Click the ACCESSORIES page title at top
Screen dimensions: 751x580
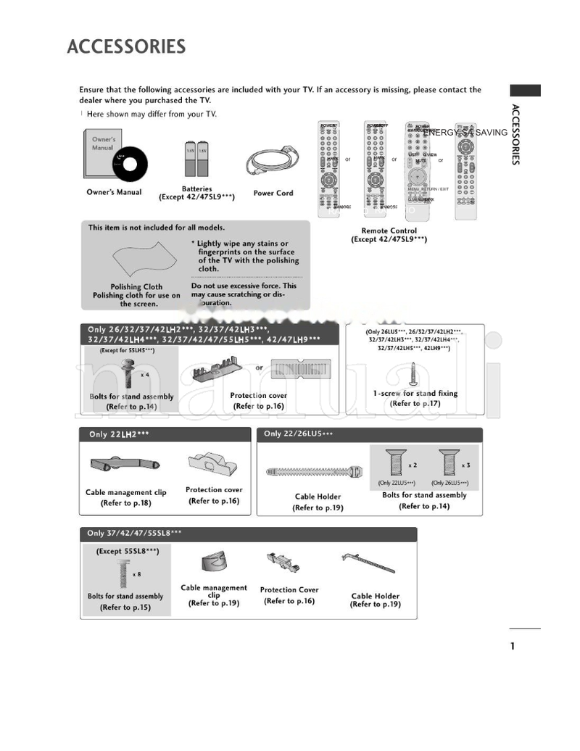126,47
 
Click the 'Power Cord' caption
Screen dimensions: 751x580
273,194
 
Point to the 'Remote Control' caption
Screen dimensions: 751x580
389,231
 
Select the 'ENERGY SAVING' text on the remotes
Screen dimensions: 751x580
465,133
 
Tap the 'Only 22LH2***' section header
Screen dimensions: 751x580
120,434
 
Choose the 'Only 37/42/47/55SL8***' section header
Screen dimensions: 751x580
134,533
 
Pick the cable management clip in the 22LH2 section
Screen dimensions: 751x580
125,465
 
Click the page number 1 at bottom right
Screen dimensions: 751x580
512,646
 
